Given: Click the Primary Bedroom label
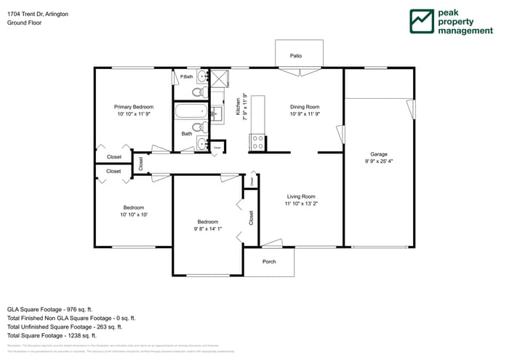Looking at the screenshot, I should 134,107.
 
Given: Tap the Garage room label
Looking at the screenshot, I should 378,154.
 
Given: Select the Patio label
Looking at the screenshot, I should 296,55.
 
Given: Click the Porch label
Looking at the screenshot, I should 269,262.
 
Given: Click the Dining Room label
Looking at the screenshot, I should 305,107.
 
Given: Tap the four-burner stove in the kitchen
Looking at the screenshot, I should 257,143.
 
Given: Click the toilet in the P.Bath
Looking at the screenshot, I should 197,92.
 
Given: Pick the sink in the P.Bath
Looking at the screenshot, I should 201,76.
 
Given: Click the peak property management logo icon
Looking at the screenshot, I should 421,22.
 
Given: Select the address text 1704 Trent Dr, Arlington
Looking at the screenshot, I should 39,14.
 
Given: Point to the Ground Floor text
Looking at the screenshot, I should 24,23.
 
